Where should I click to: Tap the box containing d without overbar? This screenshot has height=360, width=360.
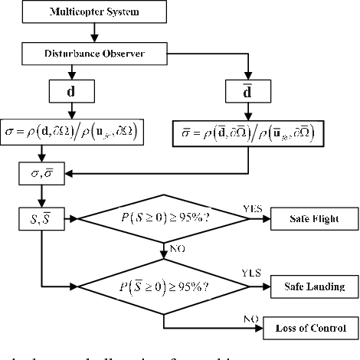coord(70,93)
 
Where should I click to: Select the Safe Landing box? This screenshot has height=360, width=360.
coord(315,288)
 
